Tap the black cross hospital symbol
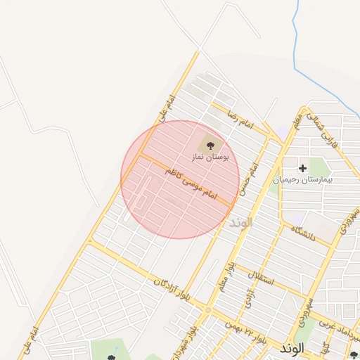point(302,168)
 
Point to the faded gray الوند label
point(240,222)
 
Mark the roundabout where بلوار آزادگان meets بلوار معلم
point(207,309)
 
